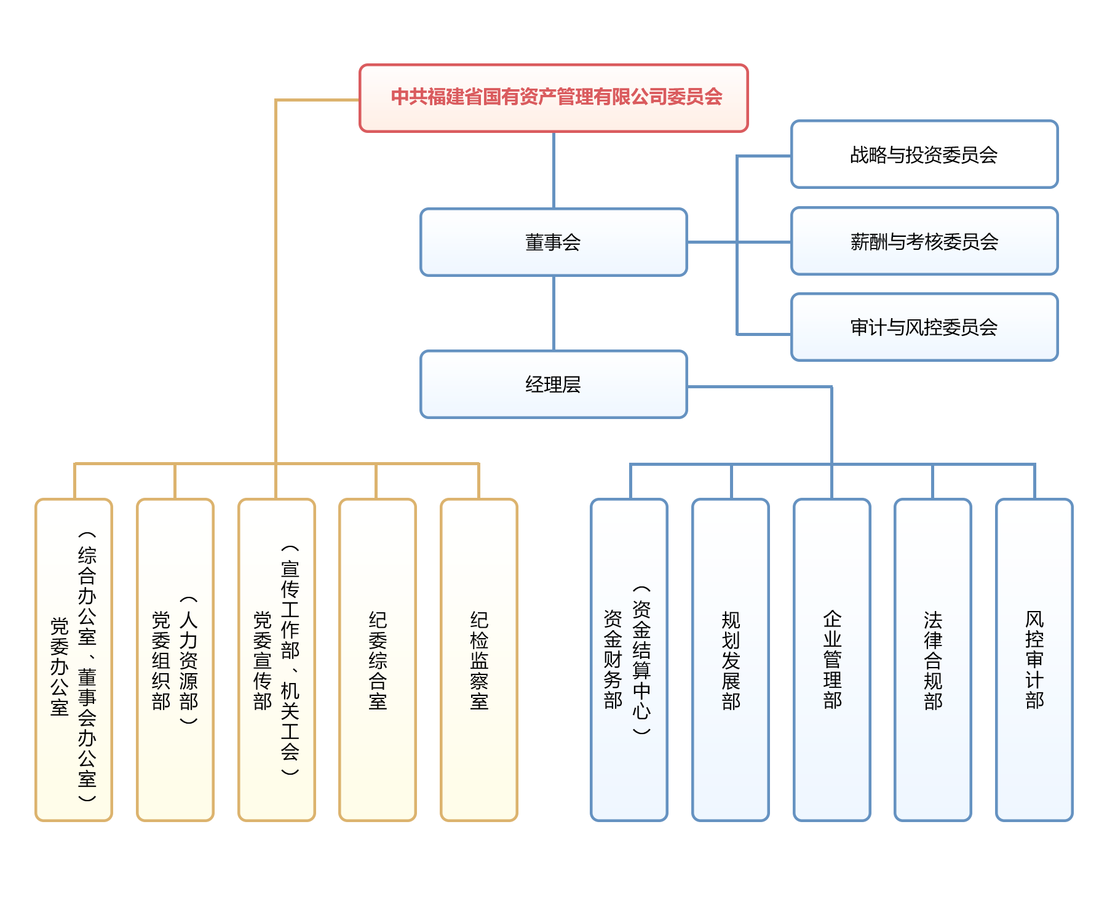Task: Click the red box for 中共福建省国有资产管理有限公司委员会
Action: (x=553, y=98)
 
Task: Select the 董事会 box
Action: (x=553, y=242)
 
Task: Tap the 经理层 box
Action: (x=553, y=385)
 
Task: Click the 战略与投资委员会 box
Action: (x=924, y=154)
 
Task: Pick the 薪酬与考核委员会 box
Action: (x=924, y=241)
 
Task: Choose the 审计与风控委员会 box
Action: (x=924, y=327)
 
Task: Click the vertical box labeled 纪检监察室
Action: (x=479, y=660)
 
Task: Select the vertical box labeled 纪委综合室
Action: (x=378, y=660)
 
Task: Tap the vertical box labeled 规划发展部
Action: (x=731, y=660)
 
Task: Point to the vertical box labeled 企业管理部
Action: (x=832, y=660)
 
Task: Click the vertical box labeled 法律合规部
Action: (x=933, y=660)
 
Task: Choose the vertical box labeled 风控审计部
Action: (x=1034, y=660)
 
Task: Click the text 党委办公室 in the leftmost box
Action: (x=60, y=666)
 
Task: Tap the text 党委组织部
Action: (x=161, y=660)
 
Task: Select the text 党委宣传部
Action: (x=263, y=660)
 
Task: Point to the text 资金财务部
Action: (x=613, y=658)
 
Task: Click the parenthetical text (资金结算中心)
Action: (x=641, y=660)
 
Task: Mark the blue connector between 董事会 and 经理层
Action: (x=553, y=313)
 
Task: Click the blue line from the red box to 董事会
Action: (x=553, y=170)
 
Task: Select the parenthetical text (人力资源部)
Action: (x=189, y=660)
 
